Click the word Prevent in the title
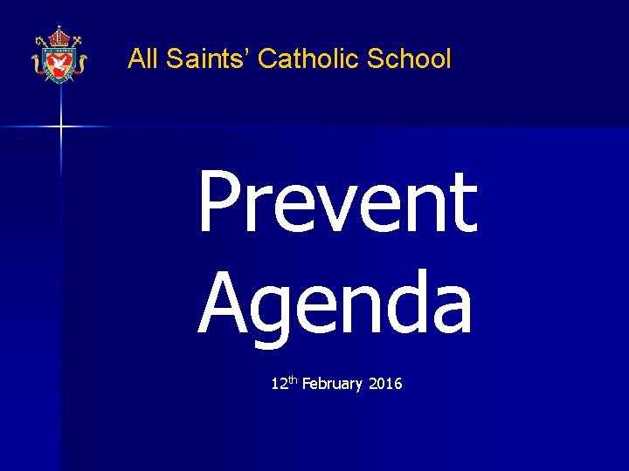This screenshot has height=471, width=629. [337, 202]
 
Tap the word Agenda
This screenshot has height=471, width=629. [335, 301]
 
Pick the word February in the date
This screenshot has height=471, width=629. [332, 384]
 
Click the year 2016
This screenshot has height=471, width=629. [386, 384]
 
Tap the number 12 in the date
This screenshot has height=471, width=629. [279, 384]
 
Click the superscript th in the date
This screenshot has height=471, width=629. [293, 379]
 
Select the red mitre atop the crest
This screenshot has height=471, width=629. [59, 37]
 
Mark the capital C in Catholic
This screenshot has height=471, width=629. [269, 59]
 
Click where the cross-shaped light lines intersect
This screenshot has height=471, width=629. [61, 127]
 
